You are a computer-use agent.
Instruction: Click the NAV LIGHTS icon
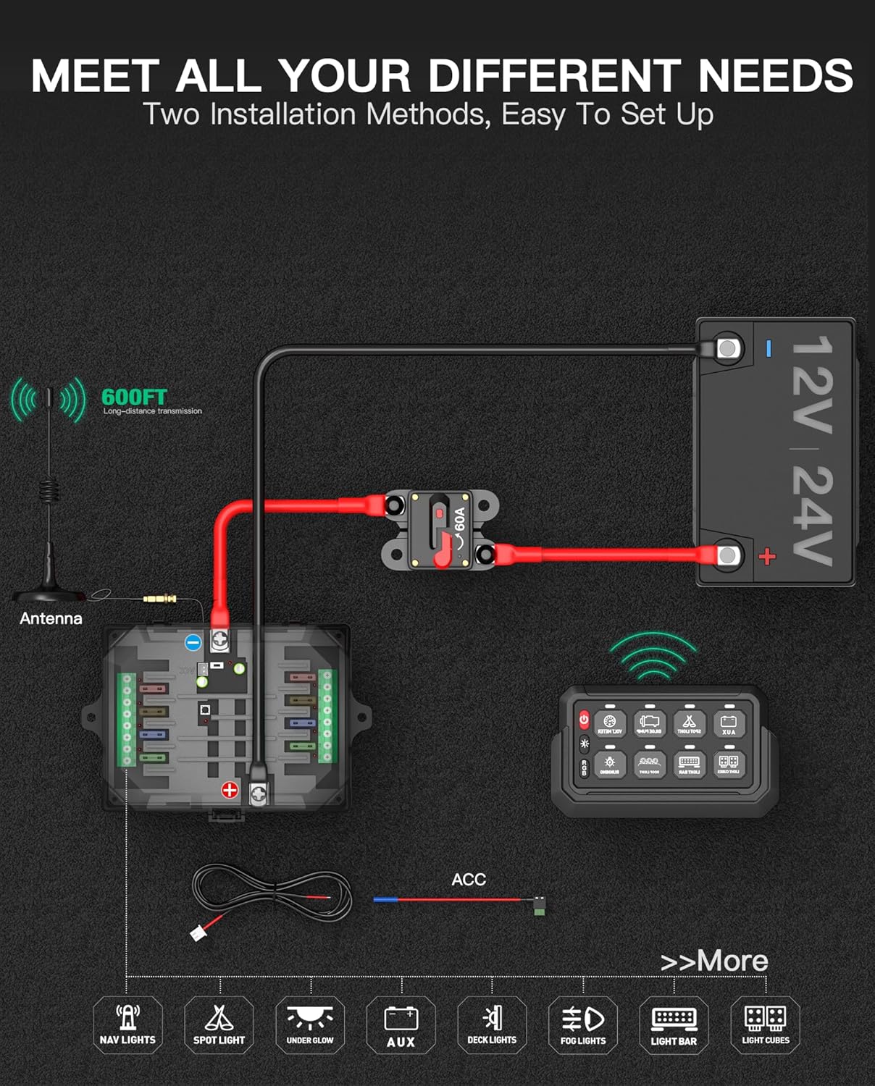[127, 1024]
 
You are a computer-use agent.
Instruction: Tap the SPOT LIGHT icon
[219, 1024]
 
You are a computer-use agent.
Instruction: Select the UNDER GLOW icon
[310, 1024]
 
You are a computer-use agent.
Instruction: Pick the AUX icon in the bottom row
[401, 1024]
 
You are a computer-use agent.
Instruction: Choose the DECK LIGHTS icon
[492, 1024]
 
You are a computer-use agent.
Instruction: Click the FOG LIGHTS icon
[583, 1024]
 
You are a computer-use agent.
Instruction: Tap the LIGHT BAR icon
[674, 1024]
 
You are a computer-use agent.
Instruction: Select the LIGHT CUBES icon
[766, 1024]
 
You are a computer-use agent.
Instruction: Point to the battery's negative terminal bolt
[727, 348]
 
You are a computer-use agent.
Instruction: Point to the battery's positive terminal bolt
[727, 555]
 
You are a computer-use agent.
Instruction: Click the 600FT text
[134, 397]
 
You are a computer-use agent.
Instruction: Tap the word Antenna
[51, 618]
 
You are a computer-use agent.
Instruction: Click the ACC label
[469, 880]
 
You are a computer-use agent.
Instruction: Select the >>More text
[714, 961]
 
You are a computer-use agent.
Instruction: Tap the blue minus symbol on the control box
[193, 642]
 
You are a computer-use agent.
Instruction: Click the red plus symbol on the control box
[230, 790]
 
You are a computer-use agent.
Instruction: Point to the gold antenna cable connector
[160, 599]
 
